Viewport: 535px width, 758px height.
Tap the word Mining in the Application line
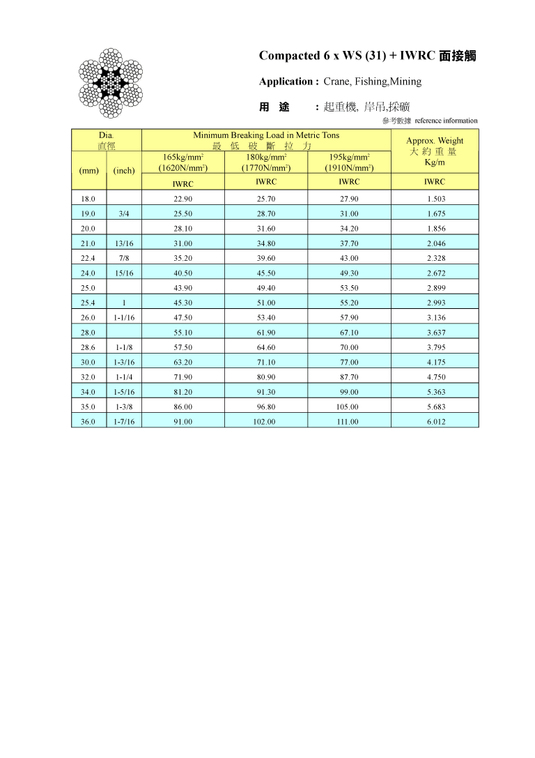405,82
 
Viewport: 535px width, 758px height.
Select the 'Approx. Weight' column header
435,141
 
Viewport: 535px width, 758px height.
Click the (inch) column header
124,171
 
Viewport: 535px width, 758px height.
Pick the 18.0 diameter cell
88,199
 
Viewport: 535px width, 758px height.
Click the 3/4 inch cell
124,214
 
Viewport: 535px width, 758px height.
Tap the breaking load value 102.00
266,422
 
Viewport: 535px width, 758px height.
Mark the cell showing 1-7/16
124,422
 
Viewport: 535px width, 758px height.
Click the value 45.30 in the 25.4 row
183,303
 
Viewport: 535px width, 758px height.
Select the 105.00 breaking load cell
349,407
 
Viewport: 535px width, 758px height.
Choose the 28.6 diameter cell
88,348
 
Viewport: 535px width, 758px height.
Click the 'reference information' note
446,121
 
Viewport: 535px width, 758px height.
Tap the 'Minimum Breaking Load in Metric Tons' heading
266,135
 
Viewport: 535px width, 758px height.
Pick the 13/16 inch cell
124,244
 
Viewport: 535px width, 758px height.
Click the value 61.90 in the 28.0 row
266,333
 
